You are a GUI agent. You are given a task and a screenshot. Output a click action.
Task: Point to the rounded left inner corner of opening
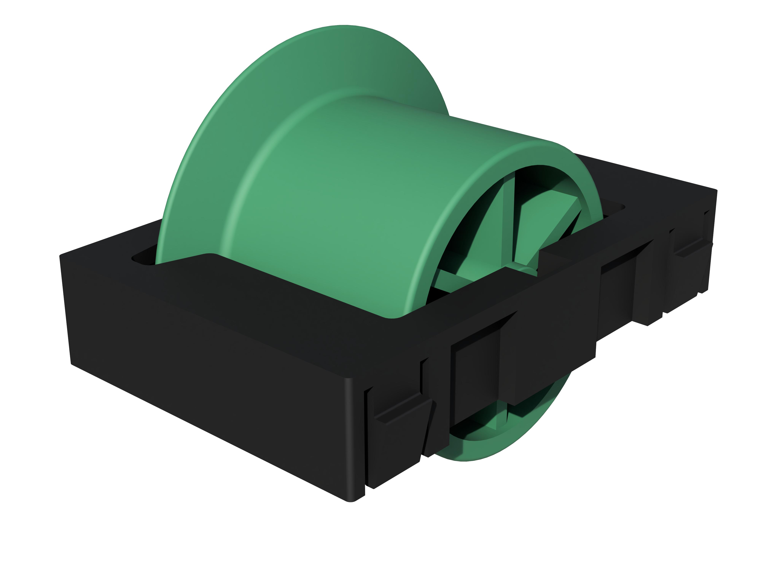pos(138,258)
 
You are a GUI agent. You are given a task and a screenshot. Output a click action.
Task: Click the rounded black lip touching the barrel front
pos(392,315)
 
